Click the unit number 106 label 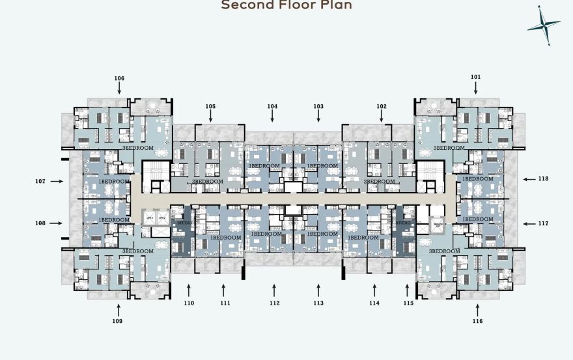click(x=119, y=78)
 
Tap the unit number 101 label click(x=476, y=77)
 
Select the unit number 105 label click(x=210, y=106)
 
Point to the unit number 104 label click(x=272, y=106)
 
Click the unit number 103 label click(x=318, y=106)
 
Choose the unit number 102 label click(x=382, y=106)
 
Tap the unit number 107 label click(x=40, y=181)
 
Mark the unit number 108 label click(x=40, y=223)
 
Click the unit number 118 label click(x=543, y=178)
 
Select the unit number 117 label click(x=543, y=223)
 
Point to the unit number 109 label click(x=118, y=321)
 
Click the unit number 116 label click(x=478, y=321)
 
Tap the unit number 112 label click(x=274, y=303)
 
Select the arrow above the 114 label click(x=374, y=288)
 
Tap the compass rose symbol click(x=544, y=25)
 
